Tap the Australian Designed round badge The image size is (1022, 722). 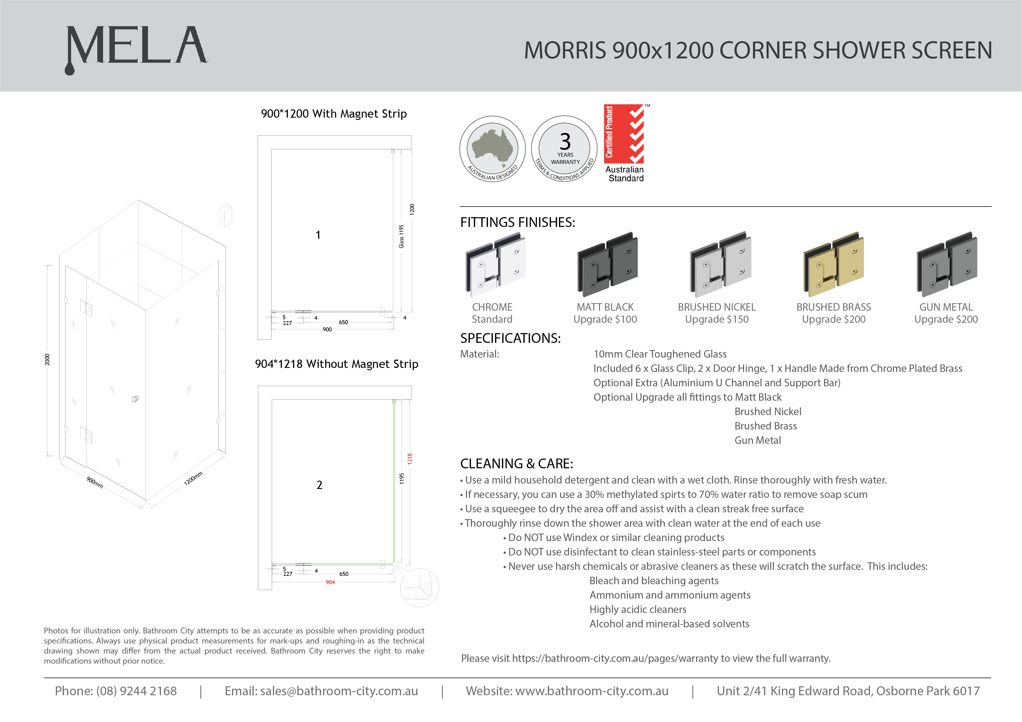click(x=492, y=149)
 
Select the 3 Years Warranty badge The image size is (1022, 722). click(x=565, y=149)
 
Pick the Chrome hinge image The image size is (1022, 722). click(x=495, y=265)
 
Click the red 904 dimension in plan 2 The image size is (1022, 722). click(x=330, y=582)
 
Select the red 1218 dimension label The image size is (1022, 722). click(x=409, y=459)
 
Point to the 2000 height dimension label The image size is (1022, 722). click(x=47, y=360)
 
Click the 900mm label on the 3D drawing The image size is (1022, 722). click(x=95, y=482)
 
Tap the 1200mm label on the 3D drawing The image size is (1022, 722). click(x=193, y=478)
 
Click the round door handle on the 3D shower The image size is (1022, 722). click(x=135, y=399)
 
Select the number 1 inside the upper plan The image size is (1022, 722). click(x=318, y=235)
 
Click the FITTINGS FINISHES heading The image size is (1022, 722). click(x=517, y=222)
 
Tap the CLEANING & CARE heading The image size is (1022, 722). click(x=516, y=463)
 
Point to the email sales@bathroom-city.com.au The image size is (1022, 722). click(x=339, y=691)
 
